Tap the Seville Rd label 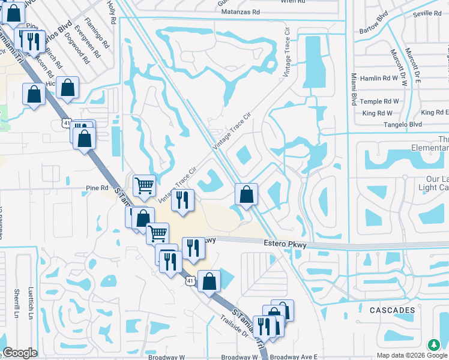pos(427,13)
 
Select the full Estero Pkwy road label pos(285,244)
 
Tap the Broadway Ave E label pos(298,357)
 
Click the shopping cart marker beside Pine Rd pos(144,186)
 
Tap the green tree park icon pos(434,346)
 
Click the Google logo pos(20,353)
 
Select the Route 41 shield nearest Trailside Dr pos(190,280)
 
